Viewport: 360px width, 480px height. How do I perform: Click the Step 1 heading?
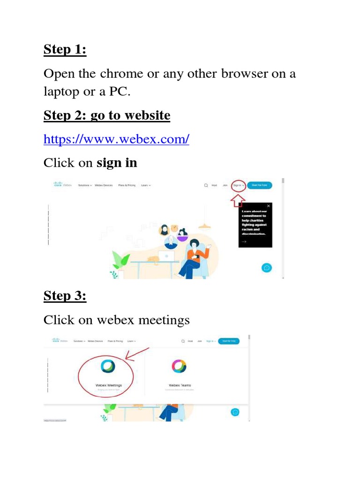click(x=65, y=49)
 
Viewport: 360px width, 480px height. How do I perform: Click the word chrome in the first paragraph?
click(x=129, y=74)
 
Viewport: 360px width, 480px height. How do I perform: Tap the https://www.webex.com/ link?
click(x=116, y=139)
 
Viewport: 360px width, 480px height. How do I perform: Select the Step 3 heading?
click(x=65, y=296)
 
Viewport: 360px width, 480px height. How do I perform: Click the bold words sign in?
click(x=117, y=163)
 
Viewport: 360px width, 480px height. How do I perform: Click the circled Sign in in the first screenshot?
click(x=239, y=185)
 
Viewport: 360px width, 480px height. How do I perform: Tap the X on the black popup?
click(x=268, y=206)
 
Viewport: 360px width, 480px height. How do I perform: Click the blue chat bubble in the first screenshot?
click(x=267, y=268)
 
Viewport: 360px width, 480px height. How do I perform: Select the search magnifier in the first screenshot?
click(x=205, y=186)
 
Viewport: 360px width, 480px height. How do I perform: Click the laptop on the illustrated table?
click(x=166, y=256)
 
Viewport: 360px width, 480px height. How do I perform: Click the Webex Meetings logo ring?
click(x=108, y=366)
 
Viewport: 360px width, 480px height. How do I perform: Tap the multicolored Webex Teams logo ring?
click(x=179, y=366)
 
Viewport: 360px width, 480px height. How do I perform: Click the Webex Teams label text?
click(x=180, y=385)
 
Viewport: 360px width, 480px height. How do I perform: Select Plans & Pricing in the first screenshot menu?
click(x=127, y=186)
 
